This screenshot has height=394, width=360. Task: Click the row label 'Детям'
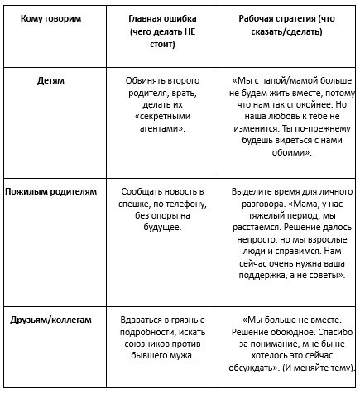pos(51,81)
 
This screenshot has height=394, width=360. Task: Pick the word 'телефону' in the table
pos(180,203)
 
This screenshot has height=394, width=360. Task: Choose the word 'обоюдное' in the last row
pos(297,331)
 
